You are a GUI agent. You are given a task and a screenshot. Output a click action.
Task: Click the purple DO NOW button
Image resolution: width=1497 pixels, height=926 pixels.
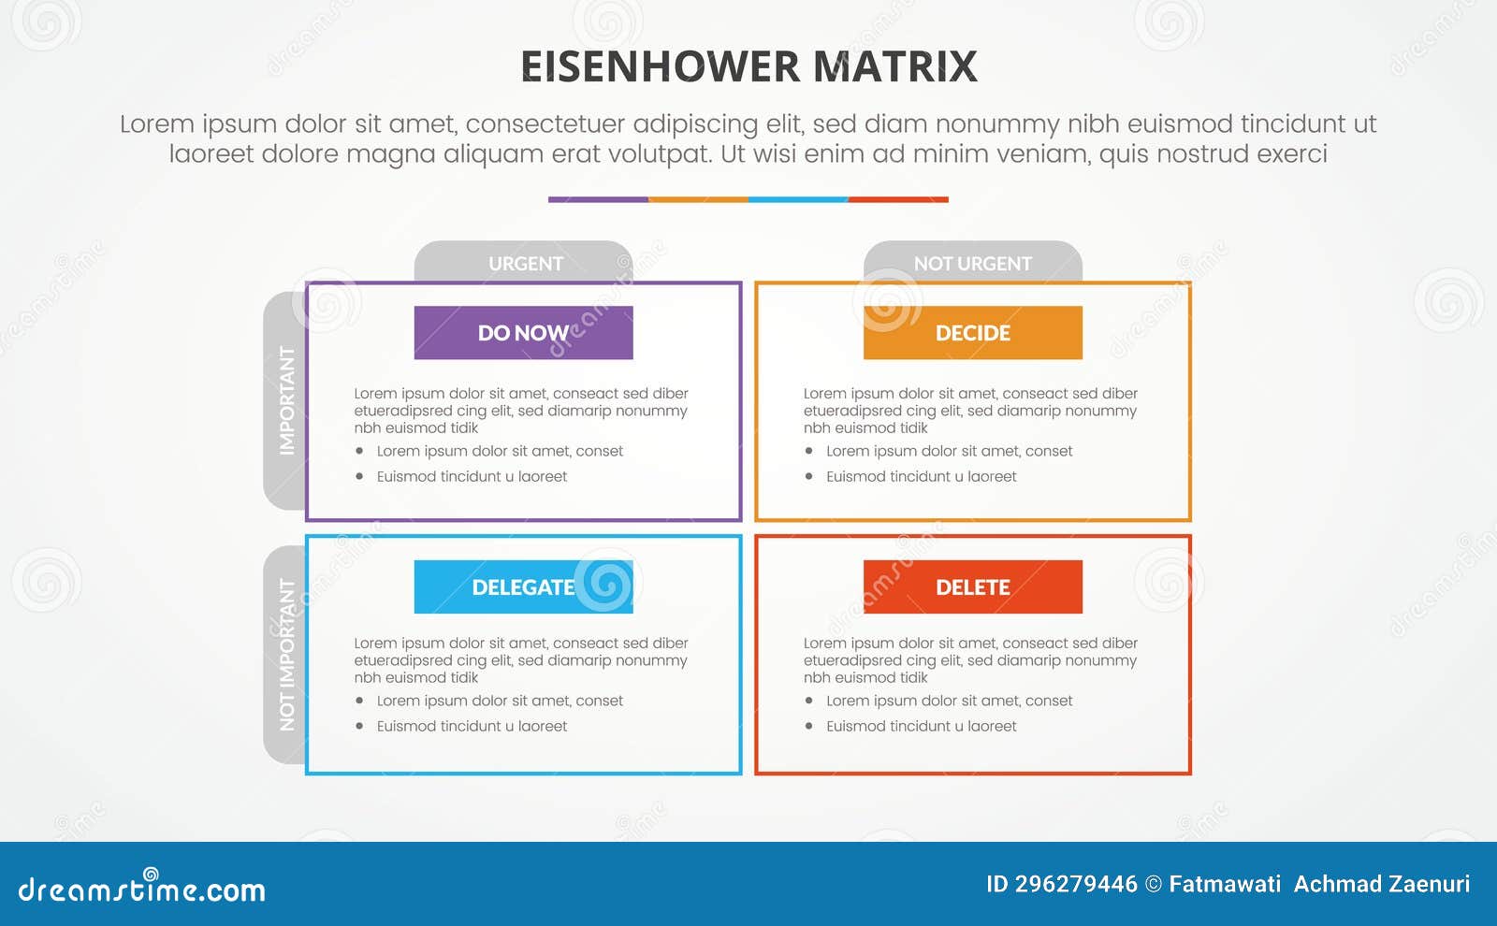(x=523, y=333)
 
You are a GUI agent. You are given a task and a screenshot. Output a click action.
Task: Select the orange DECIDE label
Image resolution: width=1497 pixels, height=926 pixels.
(x=972, y=333)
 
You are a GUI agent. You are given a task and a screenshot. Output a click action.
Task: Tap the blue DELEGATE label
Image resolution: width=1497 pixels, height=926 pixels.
(x=523, y=587)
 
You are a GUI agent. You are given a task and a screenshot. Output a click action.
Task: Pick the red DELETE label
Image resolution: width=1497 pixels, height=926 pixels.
(x=972, y=587)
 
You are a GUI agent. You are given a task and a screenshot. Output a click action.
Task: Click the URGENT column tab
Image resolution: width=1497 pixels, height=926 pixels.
(x=524, y=263)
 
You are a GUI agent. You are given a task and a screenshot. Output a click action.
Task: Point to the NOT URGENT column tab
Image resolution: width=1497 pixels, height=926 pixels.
(x=972, y=263)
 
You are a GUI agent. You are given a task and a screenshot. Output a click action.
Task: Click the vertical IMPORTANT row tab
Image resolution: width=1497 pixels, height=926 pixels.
(x=285, y=400)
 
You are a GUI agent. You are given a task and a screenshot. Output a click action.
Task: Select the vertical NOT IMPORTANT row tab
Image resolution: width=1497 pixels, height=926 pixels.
(x=285, y=655)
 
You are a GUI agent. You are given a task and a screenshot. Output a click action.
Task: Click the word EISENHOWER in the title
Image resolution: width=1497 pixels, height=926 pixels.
(x=660, y=67)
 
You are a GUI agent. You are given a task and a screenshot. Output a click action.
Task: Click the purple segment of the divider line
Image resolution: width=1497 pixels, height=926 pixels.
(x=598, y=199)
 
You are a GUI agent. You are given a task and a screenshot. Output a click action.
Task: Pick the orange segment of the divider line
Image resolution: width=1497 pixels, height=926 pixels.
(x=698, y=199)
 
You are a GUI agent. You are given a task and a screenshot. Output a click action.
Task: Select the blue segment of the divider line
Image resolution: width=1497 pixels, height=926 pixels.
(x=798, y=199)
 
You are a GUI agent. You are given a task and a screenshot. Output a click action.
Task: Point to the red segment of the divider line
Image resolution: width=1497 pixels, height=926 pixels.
(x=898, y=199)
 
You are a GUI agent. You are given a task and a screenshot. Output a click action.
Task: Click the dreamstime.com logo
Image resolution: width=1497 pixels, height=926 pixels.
(x=141, y=888)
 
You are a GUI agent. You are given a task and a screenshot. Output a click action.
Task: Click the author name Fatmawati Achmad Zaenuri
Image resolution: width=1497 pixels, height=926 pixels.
(x=1319, y=884)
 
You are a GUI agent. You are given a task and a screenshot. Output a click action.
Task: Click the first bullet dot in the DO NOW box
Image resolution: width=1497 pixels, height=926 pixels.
(x=359, y=451)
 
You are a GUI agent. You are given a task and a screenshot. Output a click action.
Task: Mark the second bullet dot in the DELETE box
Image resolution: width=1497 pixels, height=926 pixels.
(x=808, y=726)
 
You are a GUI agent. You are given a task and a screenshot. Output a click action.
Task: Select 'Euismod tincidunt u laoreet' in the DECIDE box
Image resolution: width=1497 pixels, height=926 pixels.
(x=921, y=476)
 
